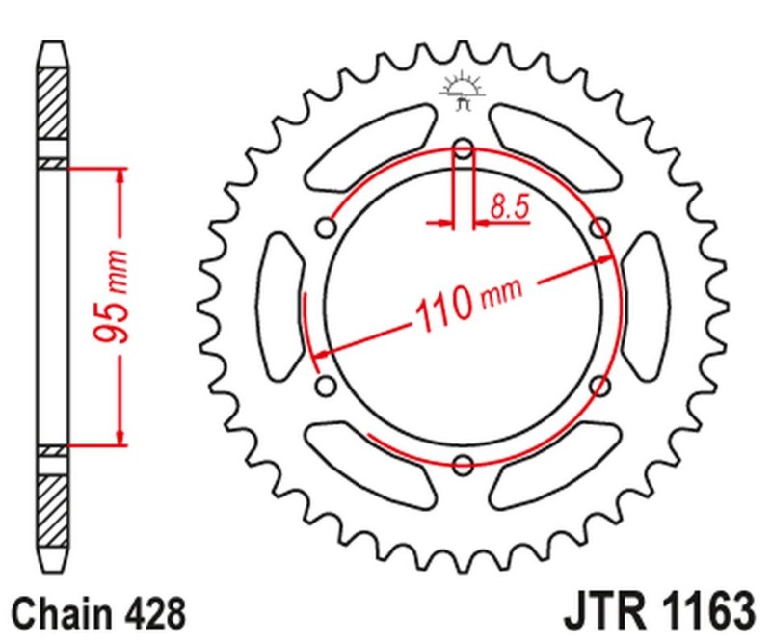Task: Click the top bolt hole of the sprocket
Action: tap(463, 149)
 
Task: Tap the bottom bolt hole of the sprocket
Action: tap(463, 466)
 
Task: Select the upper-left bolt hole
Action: tap(326, 228)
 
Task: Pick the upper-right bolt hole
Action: tap(599, 228)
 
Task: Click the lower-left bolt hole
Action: tap(326, 387)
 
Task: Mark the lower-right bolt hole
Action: tap(599, 387)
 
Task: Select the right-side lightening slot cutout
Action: tap(643, 307)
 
